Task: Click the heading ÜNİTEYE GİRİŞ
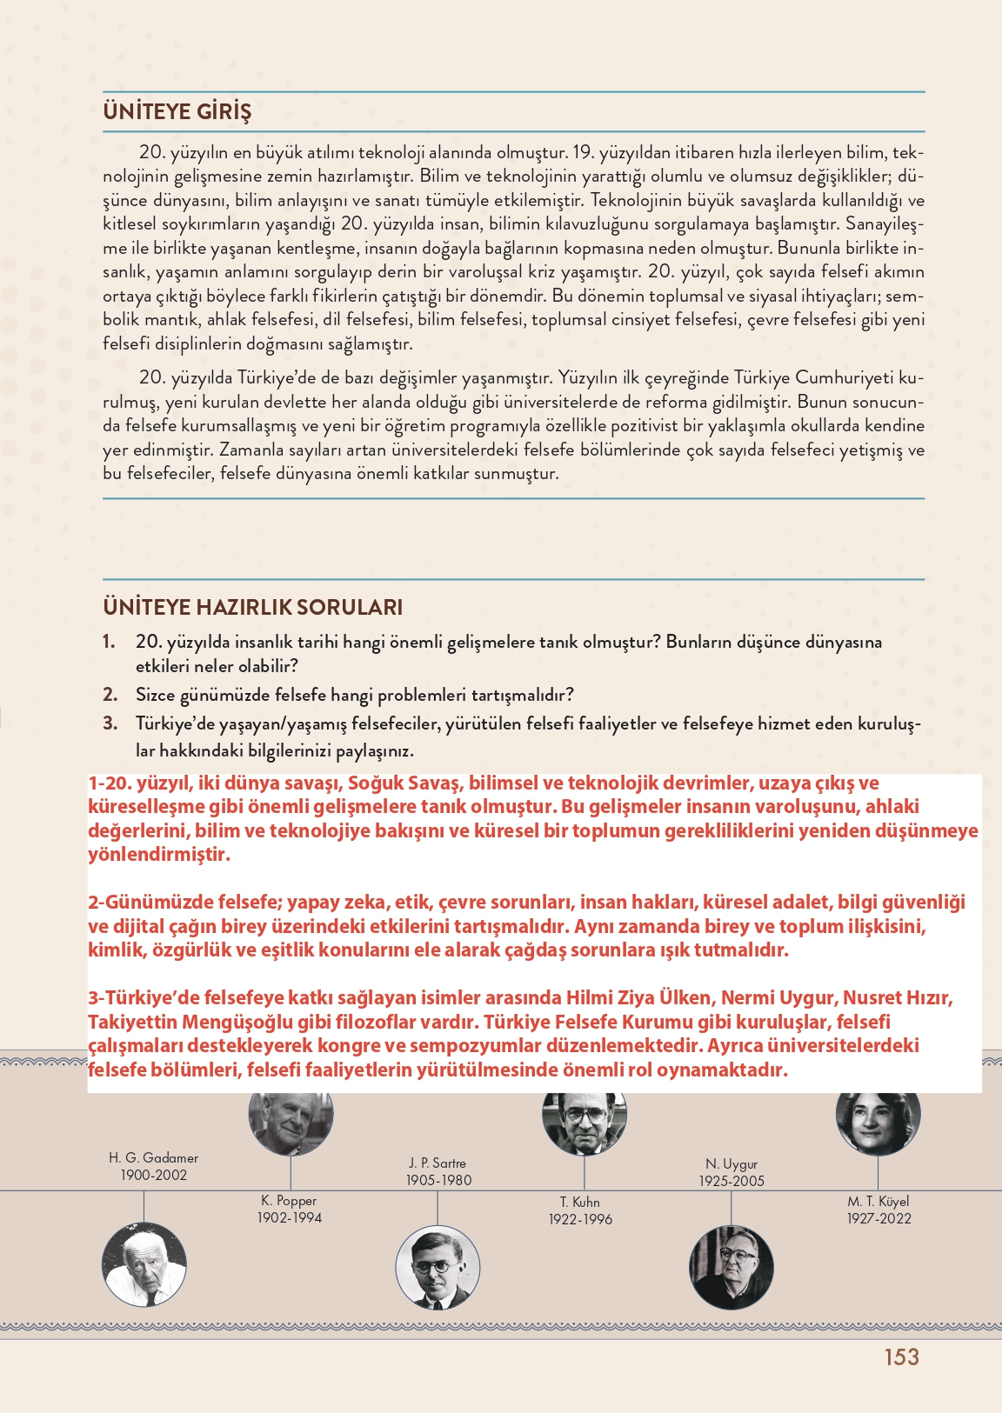[x=177, y=112]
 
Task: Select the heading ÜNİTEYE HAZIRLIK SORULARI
[x=252, y=607]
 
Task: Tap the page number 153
[x=901, y=1357]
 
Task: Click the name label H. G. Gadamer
[x=153, y=1158]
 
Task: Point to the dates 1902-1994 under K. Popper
[x=289, y=1218]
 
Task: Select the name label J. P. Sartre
[x=438, y=1163]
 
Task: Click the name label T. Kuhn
[x=580, y=1203]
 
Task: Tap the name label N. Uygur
[x=731, y=1164]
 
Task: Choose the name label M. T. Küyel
[x=878, y=1202]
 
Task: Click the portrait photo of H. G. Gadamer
[x=144, y=1264]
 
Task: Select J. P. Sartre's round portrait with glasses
[x=438, y=1269]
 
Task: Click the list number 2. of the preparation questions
[x=110, y=695]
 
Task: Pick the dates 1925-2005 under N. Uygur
[x=731, y=1181]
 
